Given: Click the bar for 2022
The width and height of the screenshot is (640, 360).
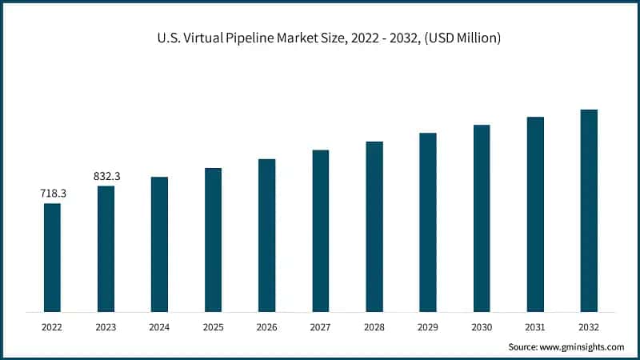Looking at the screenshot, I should [52, 257].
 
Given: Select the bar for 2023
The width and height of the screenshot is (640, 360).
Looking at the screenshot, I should [106, 248].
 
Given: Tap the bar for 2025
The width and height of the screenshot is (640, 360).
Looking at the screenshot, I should [213, 239].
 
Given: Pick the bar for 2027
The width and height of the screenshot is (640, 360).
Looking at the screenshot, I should [321, 230].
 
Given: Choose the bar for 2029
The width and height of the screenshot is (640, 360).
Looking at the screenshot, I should [428, 222].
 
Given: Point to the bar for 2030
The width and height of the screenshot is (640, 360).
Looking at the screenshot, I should [482, 218].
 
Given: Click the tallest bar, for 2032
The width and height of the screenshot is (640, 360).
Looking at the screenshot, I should [589, 210].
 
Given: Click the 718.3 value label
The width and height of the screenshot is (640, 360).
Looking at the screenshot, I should [52, 194].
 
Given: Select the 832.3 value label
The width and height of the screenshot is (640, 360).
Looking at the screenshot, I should [106, 176].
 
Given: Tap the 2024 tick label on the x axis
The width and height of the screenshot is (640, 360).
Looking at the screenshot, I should [159, 326].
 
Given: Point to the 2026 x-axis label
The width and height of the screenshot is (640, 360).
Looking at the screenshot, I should [266, 326].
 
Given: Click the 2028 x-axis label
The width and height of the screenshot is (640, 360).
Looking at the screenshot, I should [374, 326].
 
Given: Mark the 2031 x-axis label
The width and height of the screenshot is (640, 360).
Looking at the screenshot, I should [535, 326].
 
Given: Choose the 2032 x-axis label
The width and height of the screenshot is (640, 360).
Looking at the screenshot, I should [589, 326].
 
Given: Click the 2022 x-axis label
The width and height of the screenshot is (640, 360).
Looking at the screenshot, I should [52, 326].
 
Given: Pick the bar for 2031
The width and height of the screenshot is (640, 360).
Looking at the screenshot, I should [535, 214].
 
